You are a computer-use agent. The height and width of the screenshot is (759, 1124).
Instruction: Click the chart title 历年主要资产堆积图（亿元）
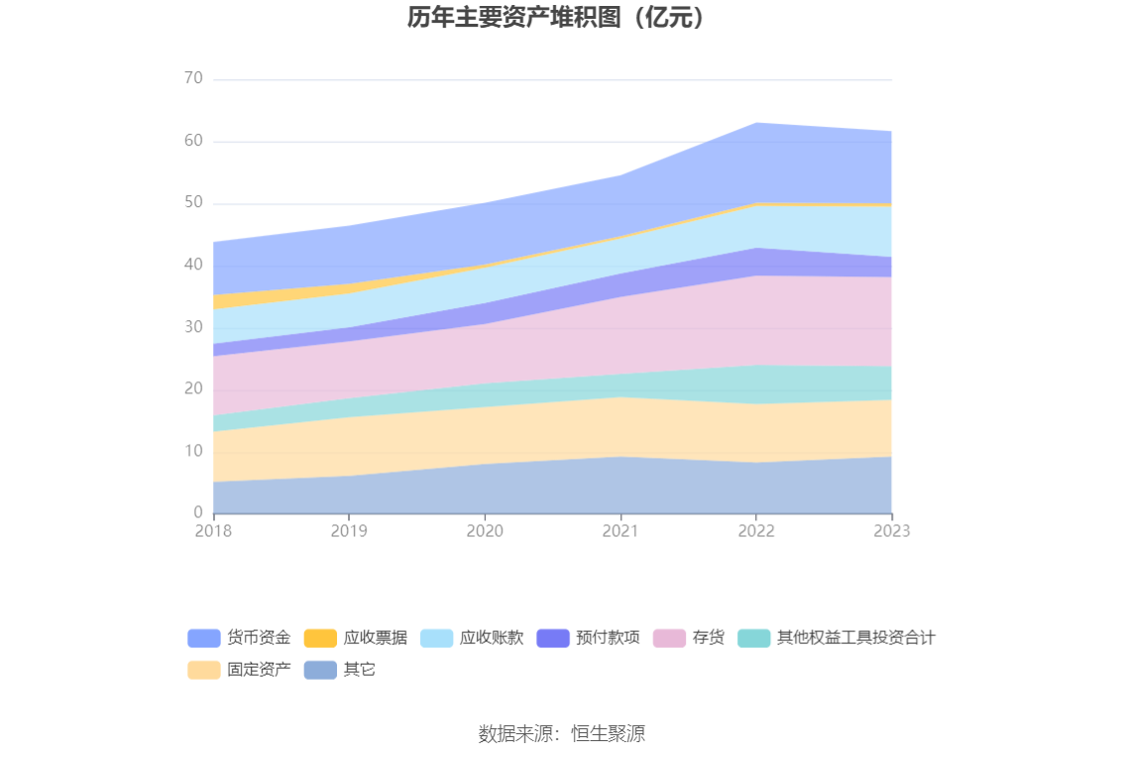561,18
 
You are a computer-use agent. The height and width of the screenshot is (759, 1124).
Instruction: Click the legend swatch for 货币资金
204,638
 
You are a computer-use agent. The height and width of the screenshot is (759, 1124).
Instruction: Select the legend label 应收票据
375,638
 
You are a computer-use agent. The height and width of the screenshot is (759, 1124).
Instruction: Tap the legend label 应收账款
491,638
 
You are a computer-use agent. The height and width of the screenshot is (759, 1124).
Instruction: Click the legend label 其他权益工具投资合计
855,638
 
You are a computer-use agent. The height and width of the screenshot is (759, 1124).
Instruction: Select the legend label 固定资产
259,670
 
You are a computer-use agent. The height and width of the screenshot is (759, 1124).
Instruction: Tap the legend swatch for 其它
320,670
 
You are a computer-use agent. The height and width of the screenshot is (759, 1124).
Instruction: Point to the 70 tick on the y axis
193,79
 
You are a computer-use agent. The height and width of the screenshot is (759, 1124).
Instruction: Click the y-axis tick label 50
193,203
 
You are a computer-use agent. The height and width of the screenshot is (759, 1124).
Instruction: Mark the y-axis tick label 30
193,327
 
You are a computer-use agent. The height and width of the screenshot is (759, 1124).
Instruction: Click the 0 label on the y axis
198,513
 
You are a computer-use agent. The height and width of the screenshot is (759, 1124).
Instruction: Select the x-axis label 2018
213,531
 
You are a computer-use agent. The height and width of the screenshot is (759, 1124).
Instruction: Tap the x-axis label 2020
485,531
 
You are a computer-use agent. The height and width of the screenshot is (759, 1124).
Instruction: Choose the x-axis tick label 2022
756,531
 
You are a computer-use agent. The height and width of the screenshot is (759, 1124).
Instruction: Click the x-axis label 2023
891,531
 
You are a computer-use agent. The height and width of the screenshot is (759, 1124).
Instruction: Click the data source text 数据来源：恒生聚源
561,734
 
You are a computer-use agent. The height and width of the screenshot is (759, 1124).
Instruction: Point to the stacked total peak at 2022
756,123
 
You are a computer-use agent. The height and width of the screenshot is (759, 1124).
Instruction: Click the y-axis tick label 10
193,451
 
